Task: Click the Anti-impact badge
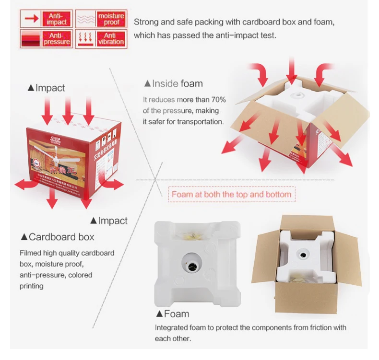point(46,19)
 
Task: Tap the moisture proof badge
point(100,19)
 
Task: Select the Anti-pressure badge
point(46,39)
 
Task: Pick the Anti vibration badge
point(100,39)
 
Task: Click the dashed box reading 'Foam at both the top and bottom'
point(231,194)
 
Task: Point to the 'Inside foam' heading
point(173,84)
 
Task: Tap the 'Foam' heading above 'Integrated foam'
point(172,314)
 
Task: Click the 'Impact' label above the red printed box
point(47,88)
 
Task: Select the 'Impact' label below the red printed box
point(109,221)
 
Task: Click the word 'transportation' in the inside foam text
point(200,122)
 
